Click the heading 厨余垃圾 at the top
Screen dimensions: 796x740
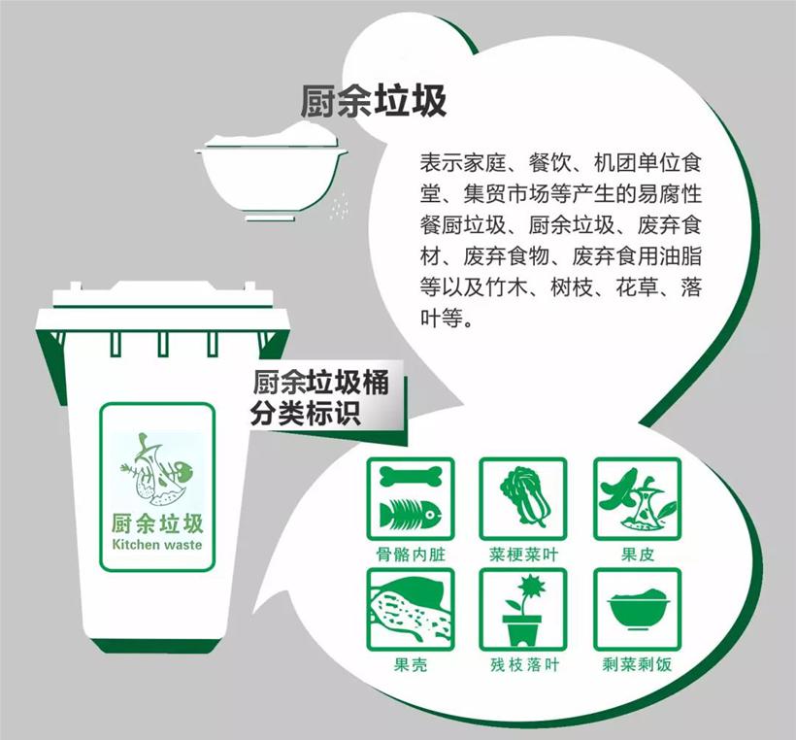pyautogui.click(x=373, y=102)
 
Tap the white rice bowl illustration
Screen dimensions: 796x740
pyautogui.click(x=272, y=173)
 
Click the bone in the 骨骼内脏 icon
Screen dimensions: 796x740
pyautogui.click(x=411, y=477)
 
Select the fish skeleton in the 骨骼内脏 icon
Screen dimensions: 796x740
pyautogui.click(x=411, y=514)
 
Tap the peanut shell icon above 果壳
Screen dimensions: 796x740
pyautogui.click(x=411, y=610)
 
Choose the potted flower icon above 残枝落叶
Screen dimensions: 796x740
pyautogui.click(x=523, y=611)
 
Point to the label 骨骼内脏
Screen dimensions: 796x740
pyautogui.click(x=411, y=555)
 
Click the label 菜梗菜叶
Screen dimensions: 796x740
pyautogui.click(x=523, y=555)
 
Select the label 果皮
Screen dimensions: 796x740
pyautogui.click(x=637, y=555)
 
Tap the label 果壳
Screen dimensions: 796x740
pyautogui.click(x=411, y=665)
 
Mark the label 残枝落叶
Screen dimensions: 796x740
pyautogui.click(x=523, y=665)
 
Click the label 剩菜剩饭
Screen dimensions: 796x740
pyautogui.click(x=637, y=665)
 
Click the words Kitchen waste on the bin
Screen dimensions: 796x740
pyautogui.click(x=157, y=545)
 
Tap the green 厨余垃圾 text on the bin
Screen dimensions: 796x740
pyautogui.click(x=157, y=523)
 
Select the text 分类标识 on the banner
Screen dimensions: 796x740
pyautogui.click(x=306, y=414)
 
